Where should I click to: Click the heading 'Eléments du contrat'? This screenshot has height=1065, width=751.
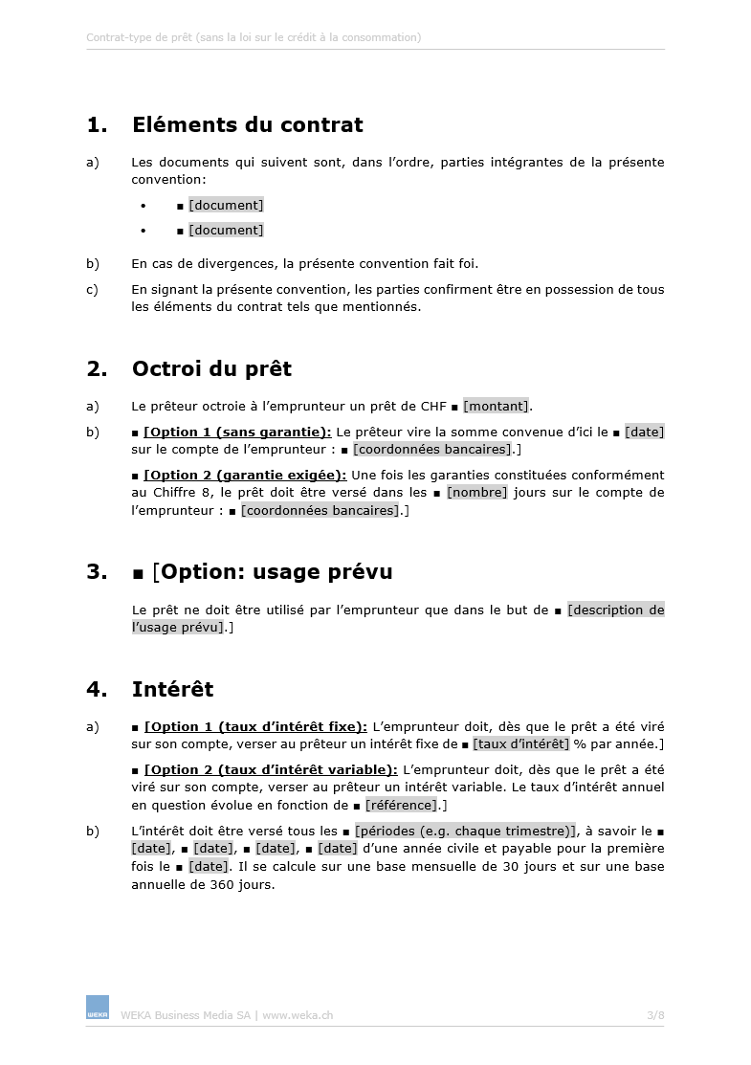click(247, 124)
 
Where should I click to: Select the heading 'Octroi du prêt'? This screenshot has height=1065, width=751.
click(211, 368)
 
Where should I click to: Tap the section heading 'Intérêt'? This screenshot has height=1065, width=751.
click(172, 689)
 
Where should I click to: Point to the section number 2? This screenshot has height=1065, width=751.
click(96, 368)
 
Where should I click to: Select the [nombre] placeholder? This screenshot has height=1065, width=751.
click(477, 493)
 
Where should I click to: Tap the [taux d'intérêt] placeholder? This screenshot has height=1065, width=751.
click(520, 744)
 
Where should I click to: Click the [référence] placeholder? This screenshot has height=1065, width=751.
click(400, 806)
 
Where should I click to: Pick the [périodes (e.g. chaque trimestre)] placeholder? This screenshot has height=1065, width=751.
click(466, 831)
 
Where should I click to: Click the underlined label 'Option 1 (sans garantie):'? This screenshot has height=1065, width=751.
click(237, 432)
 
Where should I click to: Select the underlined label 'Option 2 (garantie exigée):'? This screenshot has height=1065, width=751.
click(245, 476)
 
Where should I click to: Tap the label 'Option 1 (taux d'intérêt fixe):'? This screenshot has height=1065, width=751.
click(255, 726)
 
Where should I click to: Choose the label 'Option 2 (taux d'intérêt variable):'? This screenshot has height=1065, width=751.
click(271, 770)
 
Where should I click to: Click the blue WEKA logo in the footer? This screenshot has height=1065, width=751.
click(98, 1007)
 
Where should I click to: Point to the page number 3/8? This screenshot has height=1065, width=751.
click(655, 1015)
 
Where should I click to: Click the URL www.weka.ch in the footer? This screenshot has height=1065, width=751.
click(298, 1015)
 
